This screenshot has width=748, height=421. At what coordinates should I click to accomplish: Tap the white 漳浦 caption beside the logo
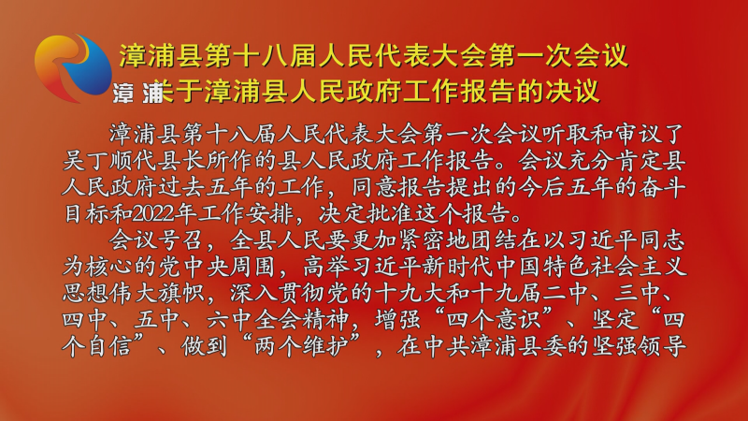[138, 93]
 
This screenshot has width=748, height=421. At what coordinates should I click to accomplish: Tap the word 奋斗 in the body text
[662, 188]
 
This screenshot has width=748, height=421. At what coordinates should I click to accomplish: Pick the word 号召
[181, 240]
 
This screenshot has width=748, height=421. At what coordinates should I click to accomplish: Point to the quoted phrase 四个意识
[494, 319]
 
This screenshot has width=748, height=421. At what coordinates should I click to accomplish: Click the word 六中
[230, 319]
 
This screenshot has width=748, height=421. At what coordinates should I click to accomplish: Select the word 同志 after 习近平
[662, 240]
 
